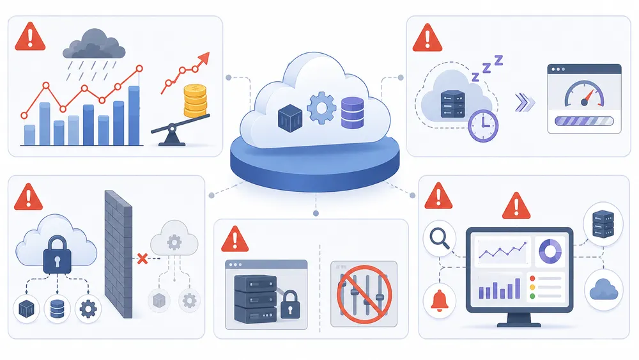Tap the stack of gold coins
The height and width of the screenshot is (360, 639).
[x=195, y=100]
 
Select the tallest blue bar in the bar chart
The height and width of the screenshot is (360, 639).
[x=134, y=115]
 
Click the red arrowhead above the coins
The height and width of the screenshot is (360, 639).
[x=203, y=59]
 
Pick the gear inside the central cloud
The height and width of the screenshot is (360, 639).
[x=321, y=107]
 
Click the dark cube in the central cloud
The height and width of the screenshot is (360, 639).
[x=289, y=118]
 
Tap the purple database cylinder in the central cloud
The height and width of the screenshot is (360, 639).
[x=352, y=113]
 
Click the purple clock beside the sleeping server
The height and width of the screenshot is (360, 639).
[x=483, y=125]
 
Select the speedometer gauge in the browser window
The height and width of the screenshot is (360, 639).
[x=584, y=94]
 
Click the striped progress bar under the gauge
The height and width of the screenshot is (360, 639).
[x=584, y=121]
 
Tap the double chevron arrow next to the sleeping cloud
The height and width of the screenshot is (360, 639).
[x=524, y=102]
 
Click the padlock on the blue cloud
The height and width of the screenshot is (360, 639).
[x=57, y=254]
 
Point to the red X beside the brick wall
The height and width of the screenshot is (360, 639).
[x=142, y=258]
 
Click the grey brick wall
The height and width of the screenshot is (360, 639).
[x=119, y=254]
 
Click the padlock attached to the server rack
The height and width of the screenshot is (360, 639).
[x=290, y=304]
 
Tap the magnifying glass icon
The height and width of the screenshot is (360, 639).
[x=440, y=238]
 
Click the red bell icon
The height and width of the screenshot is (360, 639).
[x=440, y=301]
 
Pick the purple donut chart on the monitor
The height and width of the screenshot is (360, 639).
[x=550, y=251]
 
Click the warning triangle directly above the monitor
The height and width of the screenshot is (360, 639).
[x=516, y=206]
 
